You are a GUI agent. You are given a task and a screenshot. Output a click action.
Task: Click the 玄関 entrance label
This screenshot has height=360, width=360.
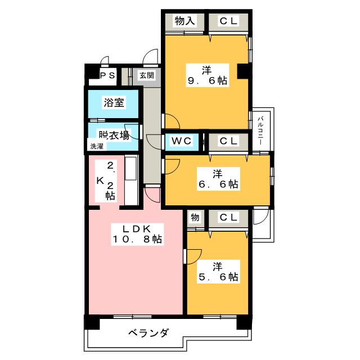(x=147, y=75)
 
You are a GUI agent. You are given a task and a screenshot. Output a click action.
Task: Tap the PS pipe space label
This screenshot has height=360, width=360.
(x=107, y=75)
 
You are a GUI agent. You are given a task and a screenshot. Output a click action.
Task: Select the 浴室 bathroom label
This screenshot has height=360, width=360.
(x=114, y=102)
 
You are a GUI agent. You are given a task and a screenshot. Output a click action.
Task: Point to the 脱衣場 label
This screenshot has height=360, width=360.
(x=114, y=136)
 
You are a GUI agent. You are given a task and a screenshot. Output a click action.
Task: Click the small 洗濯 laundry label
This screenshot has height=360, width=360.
(x=97, y=146)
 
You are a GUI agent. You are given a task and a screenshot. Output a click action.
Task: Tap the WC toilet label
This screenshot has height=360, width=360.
(x=181, y=141)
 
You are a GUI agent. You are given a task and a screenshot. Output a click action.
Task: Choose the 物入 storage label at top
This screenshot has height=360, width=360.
(x=184, y=21)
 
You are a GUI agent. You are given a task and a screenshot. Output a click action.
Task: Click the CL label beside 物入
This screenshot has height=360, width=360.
(x=228, y=21)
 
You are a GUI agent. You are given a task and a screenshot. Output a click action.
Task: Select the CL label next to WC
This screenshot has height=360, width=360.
(x=228, y=141)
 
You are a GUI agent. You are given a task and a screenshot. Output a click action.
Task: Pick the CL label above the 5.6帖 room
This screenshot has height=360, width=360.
(x=228, y=217)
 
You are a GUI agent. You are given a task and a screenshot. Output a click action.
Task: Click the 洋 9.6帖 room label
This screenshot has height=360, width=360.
(x=208, y=75)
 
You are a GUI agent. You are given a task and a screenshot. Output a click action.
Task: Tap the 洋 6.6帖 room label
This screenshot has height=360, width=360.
(x=218, y=179)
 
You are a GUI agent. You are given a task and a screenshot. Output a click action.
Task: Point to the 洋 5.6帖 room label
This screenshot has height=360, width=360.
(x=218, y=272)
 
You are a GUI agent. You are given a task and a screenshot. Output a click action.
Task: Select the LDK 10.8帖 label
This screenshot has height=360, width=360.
(x=137, y=234)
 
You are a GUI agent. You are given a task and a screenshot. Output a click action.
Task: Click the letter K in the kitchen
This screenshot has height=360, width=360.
(x=100, y=181)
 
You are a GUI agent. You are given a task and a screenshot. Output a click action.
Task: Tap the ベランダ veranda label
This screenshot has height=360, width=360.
(x=148, y=333)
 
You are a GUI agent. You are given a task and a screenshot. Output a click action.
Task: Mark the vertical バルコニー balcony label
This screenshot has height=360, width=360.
(x=260, y=130)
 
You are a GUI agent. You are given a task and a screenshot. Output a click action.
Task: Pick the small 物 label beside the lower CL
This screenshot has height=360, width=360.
(x=195, y=217)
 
